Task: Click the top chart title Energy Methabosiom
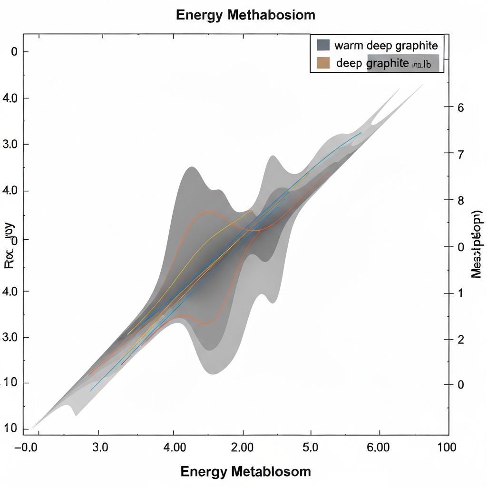click(x=245, y=15)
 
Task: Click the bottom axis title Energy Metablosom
click(x=245, y=471)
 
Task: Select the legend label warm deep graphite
click(x=386, y=46)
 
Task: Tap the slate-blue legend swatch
click(x=323, y=45)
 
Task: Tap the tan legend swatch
click(x=323, y=63)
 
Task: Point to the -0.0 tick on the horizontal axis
click(x=33, y=448)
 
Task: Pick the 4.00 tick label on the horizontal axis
click(x=174, y=448)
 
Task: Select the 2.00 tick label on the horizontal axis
click(x=243, y=448)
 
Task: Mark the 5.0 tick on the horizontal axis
click(x=311, y=448)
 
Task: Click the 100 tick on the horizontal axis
click(x=447, y=448)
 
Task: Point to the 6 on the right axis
click(x=460, y=107)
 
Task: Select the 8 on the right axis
click(x=460, y=200)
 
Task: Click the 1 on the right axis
click(x=460, y=293)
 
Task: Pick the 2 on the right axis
click(x=460, y=340)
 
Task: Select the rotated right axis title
click(x=477, y=243)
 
